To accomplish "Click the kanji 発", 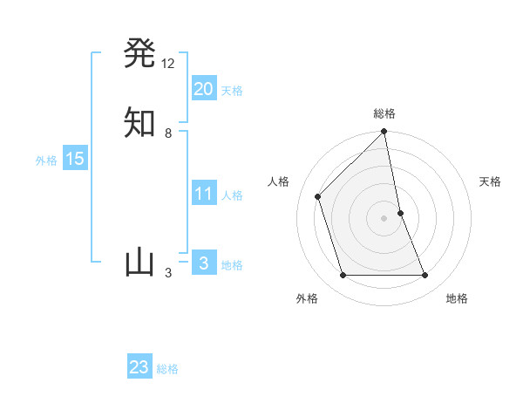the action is tap(140, 53).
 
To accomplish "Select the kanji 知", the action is tap(140, 122).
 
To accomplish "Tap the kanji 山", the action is tap(140, 263).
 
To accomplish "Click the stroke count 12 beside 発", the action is tap(168, 64).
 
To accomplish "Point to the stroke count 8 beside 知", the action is tap(168, 133).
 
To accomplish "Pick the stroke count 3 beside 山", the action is tap(168, 273).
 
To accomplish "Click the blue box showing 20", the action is tap(203, 89).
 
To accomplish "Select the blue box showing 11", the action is tap(203, 194).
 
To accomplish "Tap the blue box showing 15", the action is tap(74, 159).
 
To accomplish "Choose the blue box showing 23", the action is tap(139, 367).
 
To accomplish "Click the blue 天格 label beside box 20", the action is tap(232, 91).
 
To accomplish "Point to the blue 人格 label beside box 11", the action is tap(232, 195).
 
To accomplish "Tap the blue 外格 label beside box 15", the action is tap(46, 161).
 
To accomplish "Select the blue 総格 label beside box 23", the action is tap(167, 369).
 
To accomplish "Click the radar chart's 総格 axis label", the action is tap(384, 113).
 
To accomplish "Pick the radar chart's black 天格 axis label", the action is tap(491, 181).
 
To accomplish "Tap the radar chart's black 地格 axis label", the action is tap(457, 298).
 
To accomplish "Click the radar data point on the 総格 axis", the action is tap(384, 133).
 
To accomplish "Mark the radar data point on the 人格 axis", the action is tap(318, 196).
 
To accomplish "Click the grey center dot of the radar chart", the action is tap(384, 217).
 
